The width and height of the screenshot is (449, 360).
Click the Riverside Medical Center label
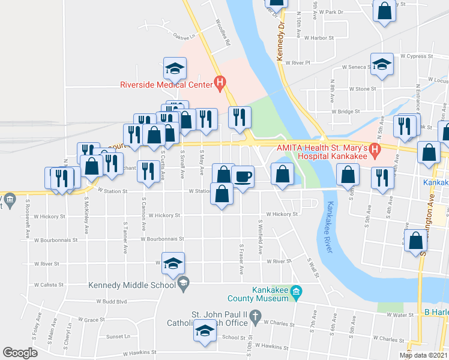[166, 85]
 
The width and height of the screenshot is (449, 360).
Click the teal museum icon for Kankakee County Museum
[295, 292]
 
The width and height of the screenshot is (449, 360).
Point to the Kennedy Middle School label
[133, 285]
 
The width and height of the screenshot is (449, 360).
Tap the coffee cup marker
[243, 176]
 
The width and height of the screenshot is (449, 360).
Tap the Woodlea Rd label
[222, 34]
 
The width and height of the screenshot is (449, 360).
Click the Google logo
[20, 353]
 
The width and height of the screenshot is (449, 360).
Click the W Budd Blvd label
[113, 302]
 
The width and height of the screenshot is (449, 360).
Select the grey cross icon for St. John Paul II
[255, 314]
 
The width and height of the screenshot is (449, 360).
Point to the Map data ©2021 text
[423, 355]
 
